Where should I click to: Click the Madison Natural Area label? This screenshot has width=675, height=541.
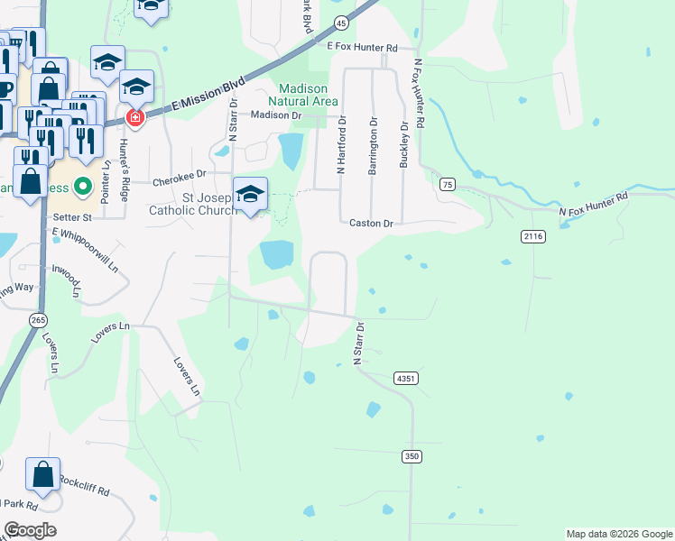click(308, 95)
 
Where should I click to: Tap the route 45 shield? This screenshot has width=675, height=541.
click(340, 22)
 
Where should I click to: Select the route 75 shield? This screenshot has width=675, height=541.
click(448, 184)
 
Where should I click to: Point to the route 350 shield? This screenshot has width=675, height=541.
click(411, 457)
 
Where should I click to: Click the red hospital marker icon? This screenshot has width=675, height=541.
click(134, 118)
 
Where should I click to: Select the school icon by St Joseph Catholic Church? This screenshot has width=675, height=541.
click(250, 194)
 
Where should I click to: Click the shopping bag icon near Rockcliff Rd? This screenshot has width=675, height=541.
click(42, 474)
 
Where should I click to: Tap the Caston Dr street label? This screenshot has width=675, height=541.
click(372, 223)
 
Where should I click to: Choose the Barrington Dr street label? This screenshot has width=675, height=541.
click(373, 143)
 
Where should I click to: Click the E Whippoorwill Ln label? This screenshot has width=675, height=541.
click(86, 250)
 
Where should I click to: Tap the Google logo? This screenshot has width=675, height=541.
click(30, 530)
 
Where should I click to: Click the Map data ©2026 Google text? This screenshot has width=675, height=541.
click(618, 534)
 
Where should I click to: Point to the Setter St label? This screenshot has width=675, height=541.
click(73, 217)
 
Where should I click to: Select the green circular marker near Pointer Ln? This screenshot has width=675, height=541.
click(83, 188)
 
